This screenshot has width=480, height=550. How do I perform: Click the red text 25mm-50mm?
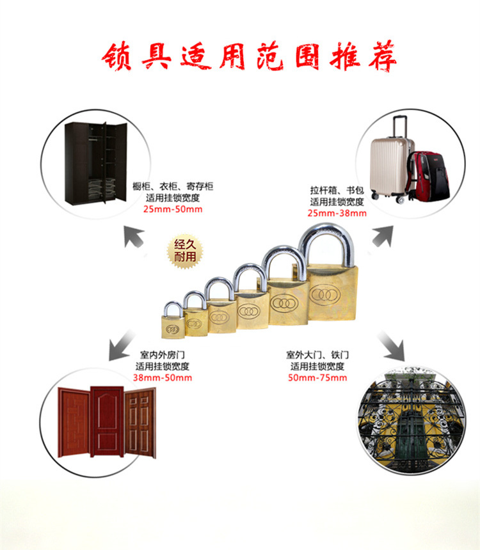coord(172,209)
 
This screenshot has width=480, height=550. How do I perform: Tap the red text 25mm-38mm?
coord(337,213)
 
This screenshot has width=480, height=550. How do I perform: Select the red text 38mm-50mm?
coord(163,377)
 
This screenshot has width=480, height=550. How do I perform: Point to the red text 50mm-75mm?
coord(317,378)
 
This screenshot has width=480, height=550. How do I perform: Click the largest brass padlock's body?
coord(331,295)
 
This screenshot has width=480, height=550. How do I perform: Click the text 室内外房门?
coord(163,354)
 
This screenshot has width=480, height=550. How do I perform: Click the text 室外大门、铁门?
coord(317,354)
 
